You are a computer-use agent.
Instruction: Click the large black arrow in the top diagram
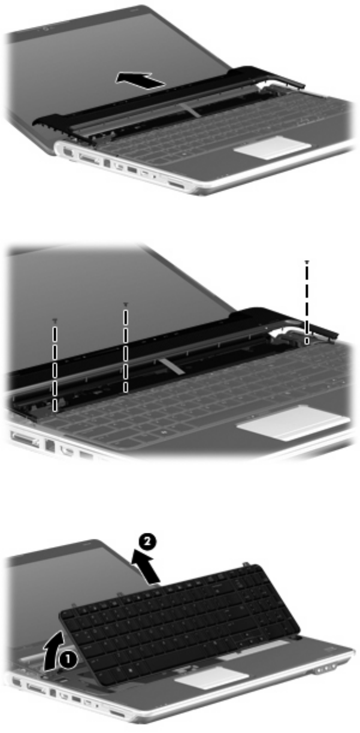(140, 80)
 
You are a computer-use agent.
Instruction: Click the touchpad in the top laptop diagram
(272, 147)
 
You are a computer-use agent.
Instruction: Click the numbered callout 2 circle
(147, 542)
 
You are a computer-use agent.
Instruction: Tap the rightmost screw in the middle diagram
(307, 262)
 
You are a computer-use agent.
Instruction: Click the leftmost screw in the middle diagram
(55, 319)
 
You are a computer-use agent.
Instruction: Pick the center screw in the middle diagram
(125, 304)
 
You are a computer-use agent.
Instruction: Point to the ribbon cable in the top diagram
(190, 110)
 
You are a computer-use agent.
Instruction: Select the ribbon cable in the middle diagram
(171, 364)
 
